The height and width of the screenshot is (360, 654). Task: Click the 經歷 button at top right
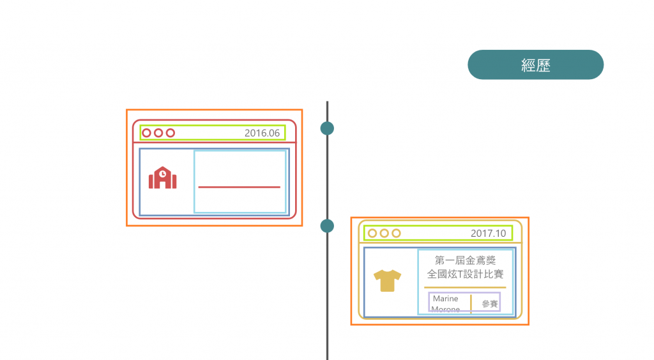[535, 65]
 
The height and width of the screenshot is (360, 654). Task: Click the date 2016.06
[262, 133]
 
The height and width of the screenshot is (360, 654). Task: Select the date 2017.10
[488, 234]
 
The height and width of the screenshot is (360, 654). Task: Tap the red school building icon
[163, 178]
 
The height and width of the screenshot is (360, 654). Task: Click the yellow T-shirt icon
[388, 280]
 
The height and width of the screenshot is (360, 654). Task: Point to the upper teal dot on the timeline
[327, 128]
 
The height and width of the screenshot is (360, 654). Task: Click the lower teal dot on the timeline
[327, 225]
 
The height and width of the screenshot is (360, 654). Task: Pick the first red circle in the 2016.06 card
[146, 133]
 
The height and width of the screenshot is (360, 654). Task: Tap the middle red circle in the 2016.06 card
[158, 133]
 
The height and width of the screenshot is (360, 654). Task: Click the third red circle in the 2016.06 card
[170, 133]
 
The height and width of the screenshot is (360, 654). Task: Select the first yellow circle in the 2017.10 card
[372, 233]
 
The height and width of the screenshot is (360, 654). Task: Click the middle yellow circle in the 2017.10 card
[384, 233]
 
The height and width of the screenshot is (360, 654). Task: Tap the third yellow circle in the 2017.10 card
[396, 233]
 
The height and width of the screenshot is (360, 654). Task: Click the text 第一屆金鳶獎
[465, 260]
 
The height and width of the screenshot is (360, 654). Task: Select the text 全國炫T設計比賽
[465, 274]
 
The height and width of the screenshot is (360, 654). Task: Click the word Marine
[445, 299]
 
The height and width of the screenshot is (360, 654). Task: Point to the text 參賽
[490, 304]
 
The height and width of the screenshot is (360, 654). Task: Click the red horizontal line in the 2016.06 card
[239, 187]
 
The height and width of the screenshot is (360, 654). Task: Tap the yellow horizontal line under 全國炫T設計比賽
[465, 287]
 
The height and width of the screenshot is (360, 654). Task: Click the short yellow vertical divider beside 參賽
[471, 304]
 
